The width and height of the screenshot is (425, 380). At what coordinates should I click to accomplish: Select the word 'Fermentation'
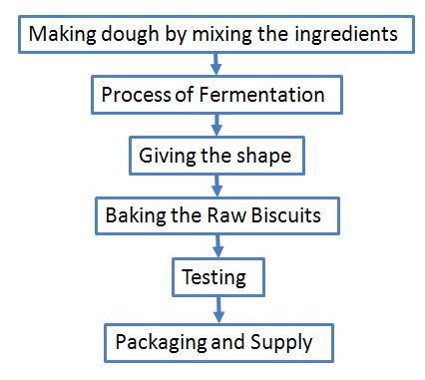coord(268,96)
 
